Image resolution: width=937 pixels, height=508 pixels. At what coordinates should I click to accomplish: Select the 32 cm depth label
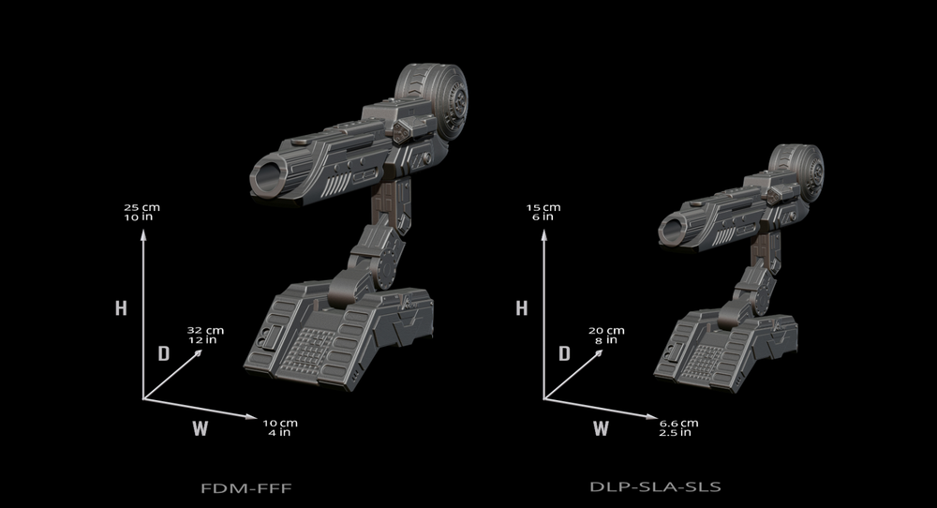click(x=204, y=336)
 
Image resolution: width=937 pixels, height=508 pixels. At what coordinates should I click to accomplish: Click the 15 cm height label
click(x=543, y=211)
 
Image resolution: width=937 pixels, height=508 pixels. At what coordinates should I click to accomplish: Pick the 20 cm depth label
click(x=606, y=336)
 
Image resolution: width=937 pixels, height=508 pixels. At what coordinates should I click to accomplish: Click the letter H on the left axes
click(x=121, y=308)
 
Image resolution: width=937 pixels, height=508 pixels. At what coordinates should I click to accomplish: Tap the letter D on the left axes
click(x=162, y=353)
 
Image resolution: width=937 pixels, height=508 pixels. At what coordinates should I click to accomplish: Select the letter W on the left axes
click(x=200, y=429)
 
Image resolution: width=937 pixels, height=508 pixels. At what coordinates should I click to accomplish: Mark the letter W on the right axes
click(x=601, y=429)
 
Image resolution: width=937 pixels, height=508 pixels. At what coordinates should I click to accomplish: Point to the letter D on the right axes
click(x=564, y=353)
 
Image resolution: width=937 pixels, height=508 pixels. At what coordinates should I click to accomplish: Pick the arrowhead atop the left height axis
click(x=142, y=235)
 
